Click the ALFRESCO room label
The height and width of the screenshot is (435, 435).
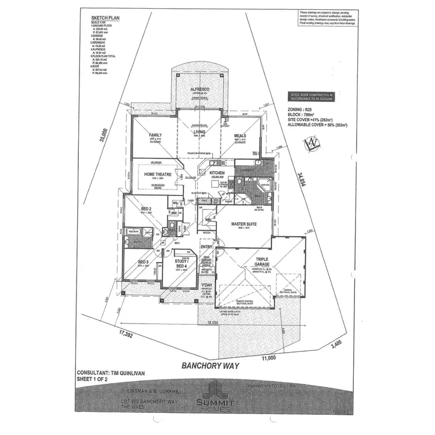coord(200,89)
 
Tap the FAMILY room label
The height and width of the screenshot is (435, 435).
coord(155,135)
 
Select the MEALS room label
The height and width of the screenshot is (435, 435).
coord(240,136)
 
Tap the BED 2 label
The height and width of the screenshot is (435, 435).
coord(146,208)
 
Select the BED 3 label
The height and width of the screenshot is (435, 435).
coord(143,262)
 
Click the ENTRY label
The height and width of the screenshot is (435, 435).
coord(206,247)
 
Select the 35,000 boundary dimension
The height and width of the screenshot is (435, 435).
coord(104,135)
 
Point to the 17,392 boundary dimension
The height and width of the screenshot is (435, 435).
coord(129,335)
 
